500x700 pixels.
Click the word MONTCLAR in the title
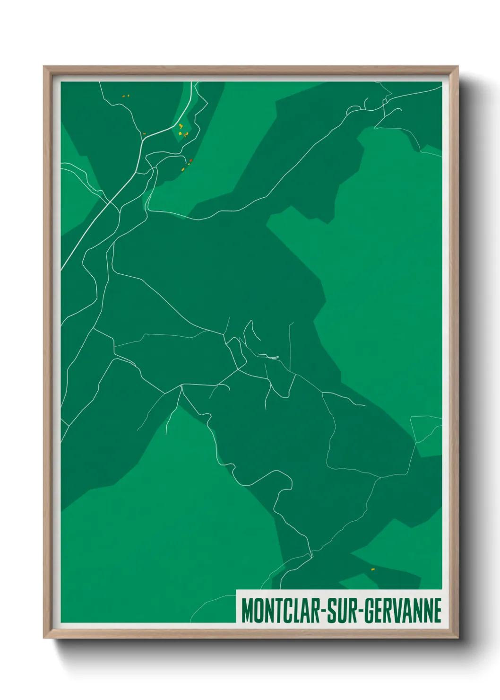click(x=279, y=611)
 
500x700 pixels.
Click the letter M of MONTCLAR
click(x=247, y=611)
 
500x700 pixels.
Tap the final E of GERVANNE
click(x=438, y=611)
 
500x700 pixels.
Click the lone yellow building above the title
click(x=372, y=569)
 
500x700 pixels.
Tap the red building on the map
click(x=190, y=161)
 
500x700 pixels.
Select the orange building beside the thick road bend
click(x=144, y=134)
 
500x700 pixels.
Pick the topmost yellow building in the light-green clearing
click(x=181, y=125)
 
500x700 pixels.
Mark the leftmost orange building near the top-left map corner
click(x=123, y=96)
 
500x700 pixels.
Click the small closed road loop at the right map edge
click(x=427, y=429)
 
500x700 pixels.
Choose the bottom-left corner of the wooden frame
click(x=44, y=638)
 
